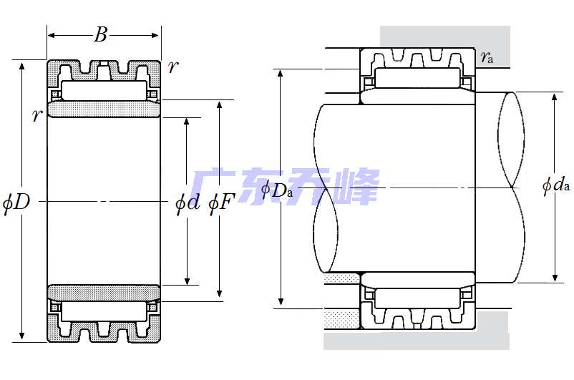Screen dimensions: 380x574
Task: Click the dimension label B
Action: pyautogui.click(x=101, y=34)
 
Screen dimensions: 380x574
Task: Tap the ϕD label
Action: pyautogui.click(x=16, y=203)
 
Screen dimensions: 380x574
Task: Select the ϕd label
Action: pyautogui.click(x=188, y=203)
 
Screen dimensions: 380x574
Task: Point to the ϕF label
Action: pyautogui.click(x=221, y=203)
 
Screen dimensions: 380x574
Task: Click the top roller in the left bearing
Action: pyautogui.click(x=104, y=91)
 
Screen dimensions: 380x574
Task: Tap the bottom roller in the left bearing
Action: pyautogui.click(x=104, y=311)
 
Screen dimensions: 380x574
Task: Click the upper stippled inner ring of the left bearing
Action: pyautogui.click(x=104, y=109)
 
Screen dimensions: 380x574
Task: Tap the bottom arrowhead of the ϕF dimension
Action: pyautogui.click(x=219, y=293)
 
